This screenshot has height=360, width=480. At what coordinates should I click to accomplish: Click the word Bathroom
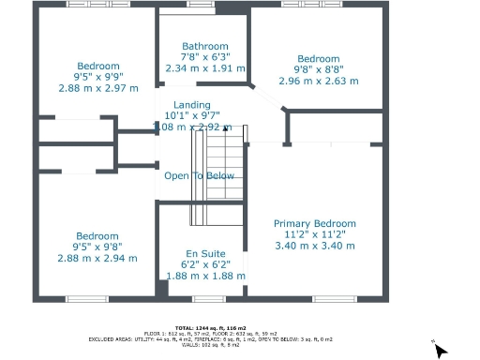[204, 46]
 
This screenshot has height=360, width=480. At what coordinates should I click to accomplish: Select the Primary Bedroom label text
[315, 223]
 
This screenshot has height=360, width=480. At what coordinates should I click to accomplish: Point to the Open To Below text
[200, 176]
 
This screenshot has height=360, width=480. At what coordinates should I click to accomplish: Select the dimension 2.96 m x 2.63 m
[318, 81]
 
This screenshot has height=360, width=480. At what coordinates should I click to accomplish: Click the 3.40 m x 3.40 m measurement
[315, 246]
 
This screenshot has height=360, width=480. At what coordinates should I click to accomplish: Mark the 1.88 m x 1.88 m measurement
[205, 276]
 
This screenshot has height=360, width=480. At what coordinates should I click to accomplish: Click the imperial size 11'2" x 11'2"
[315, 234]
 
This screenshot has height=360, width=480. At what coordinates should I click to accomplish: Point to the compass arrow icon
[442, 352]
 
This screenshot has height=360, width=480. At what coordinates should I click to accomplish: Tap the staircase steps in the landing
[217, 178]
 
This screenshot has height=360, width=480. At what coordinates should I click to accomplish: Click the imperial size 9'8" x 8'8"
[318, 69]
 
